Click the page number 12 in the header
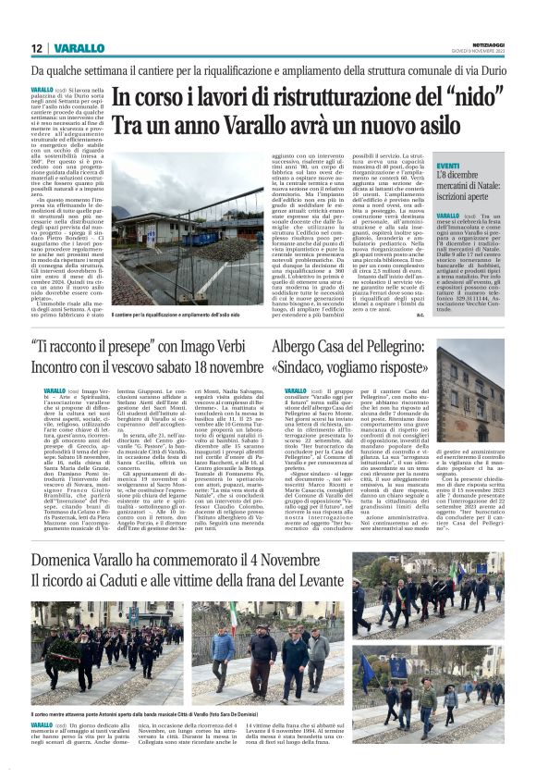[36, 48]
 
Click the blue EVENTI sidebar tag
[449, 165]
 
